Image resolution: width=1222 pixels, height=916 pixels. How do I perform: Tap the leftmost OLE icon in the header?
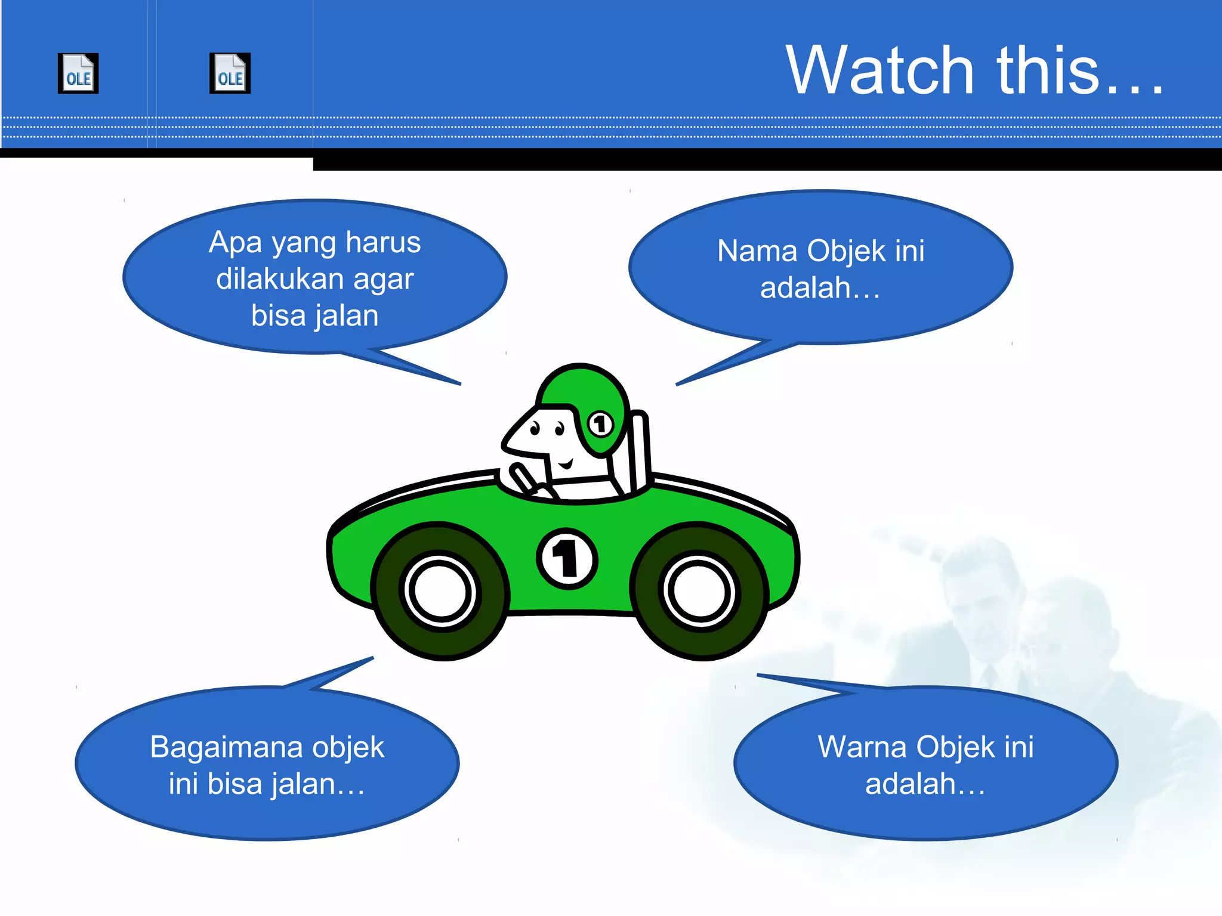click(78, 73)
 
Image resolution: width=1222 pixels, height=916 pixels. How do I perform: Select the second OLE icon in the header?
click(230, 73)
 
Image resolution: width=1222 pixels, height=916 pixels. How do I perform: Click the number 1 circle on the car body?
click(566, 559)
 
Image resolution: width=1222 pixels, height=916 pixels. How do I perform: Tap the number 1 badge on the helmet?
click(600, 424)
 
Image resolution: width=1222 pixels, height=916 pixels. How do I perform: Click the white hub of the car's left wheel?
click(440, 591)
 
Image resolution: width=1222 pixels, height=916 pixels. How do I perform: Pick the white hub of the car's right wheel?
click(699, 590)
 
